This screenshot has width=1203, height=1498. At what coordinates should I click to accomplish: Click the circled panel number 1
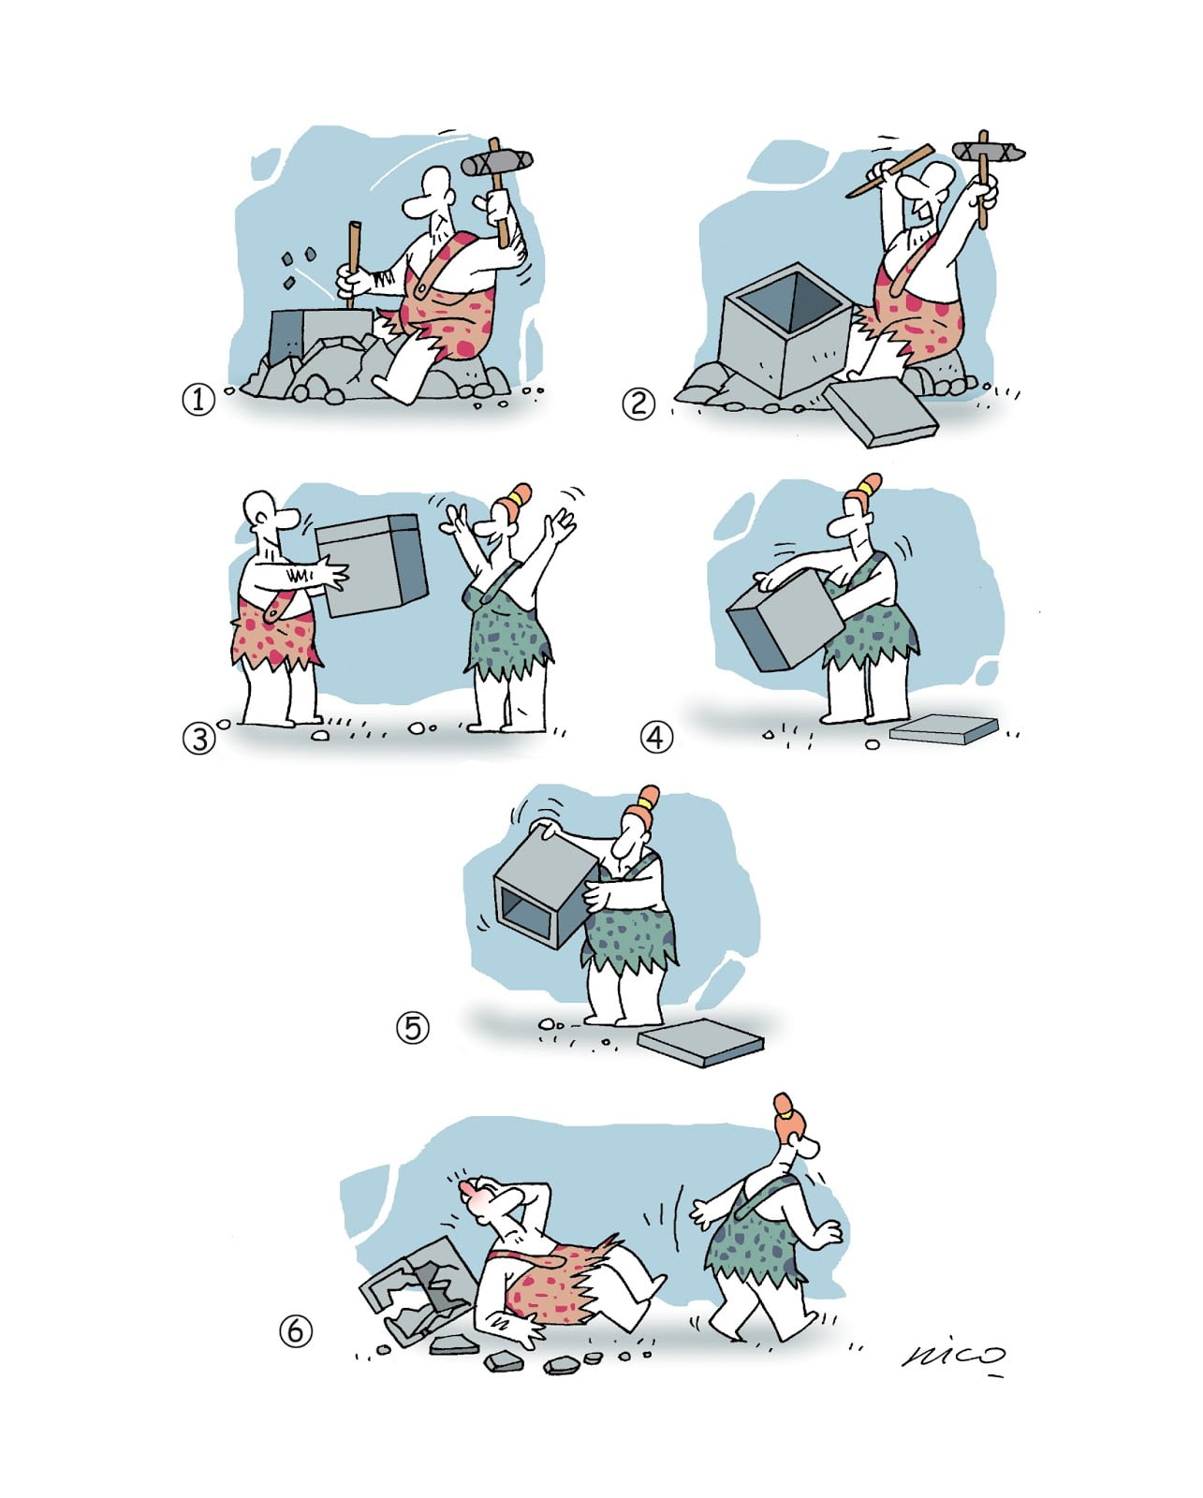point(198,401)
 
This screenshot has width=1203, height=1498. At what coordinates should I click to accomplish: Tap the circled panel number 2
point(638,404)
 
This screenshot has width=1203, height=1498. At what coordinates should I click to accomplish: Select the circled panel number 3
point(199,739)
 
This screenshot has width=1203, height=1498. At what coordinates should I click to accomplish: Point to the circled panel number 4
point(656,737)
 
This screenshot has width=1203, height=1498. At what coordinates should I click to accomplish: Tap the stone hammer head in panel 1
point(496,162)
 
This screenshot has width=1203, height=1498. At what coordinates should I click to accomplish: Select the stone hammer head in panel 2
point(988,151)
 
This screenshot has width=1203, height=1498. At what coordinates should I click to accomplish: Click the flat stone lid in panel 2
point(881,412)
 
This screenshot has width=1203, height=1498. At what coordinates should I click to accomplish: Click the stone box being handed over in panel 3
point(372,565)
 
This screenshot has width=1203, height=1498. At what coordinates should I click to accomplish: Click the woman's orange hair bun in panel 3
point(518,497)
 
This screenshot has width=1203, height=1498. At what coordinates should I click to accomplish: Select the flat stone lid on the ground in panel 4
point(944,728)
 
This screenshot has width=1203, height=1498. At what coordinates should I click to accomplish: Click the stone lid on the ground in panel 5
point(700,1042)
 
